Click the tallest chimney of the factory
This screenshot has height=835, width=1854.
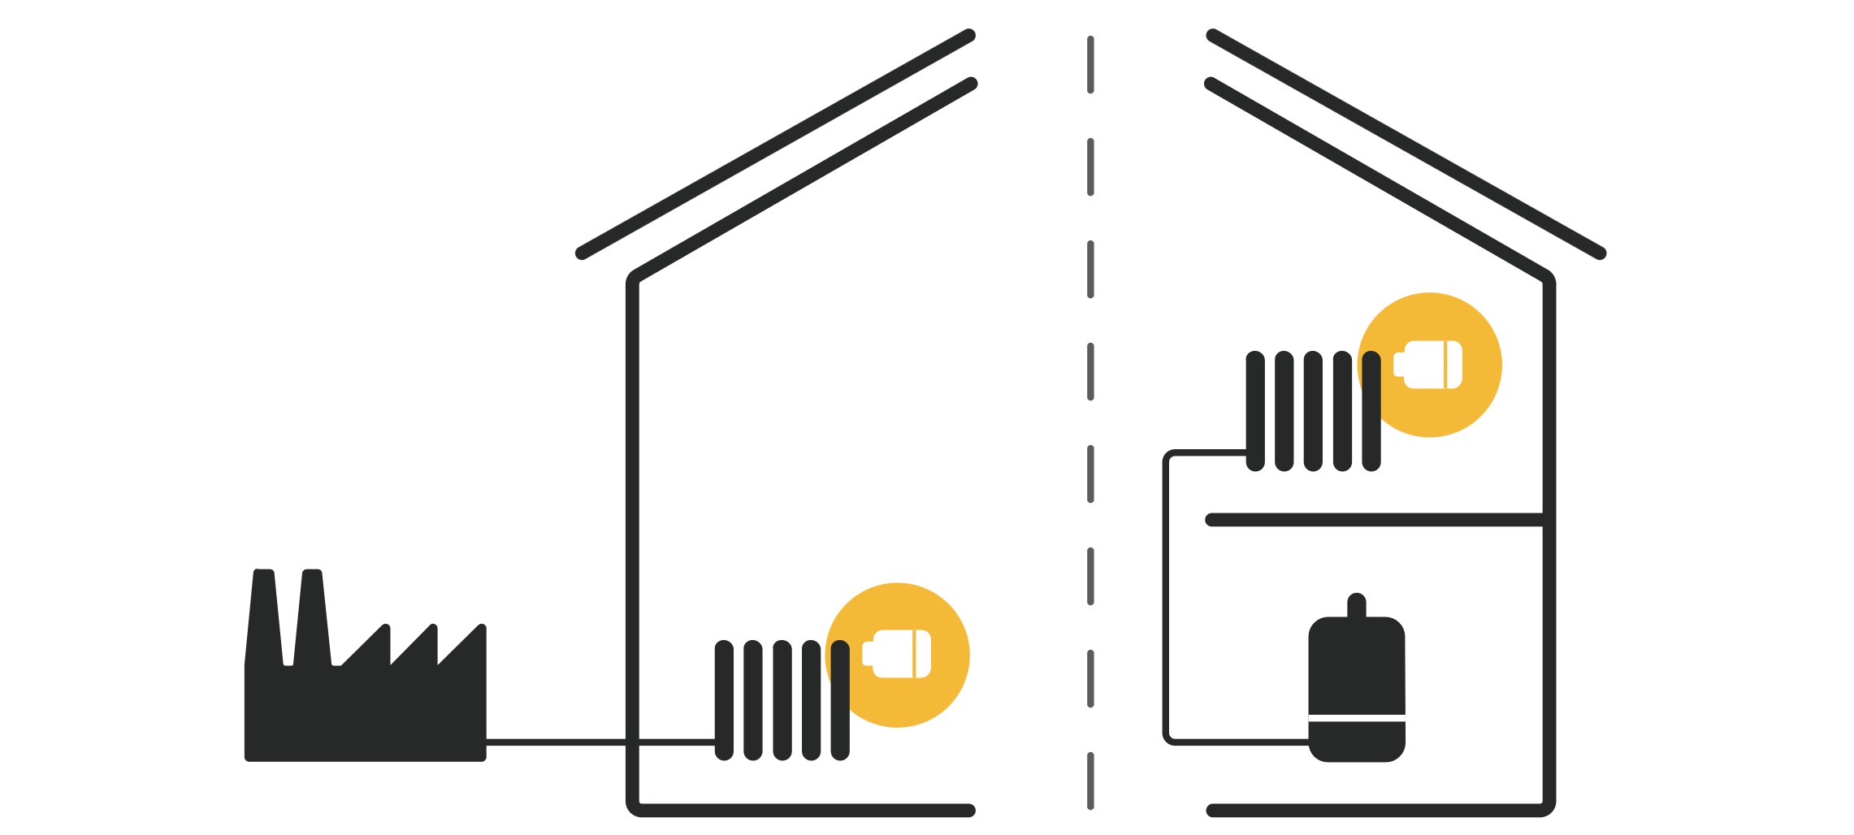coord(263,617)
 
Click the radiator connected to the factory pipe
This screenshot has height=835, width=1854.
coord(782,700)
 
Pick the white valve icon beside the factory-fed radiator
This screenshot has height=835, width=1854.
coord(898,654)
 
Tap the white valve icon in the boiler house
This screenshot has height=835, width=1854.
coord(1428,365)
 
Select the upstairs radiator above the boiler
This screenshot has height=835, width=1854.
coord(1313,411)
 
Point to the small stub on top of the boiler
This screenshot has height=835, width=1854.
coord(1356,605)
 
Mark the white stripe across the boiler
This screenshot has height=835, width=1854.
coord(1356,717)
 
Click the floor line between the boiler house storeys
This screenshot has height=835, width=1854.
coord(1373,520)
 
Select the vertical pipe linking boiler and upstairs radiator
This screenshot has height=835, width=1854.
coord(1167,601)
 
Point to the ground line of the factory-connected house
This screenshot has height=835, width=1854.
coord(804,810)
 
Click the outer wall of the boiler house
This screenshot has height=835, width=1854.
coord(1549,650)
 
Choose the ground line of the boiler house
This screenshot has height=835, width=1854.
coord(1373,810)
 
